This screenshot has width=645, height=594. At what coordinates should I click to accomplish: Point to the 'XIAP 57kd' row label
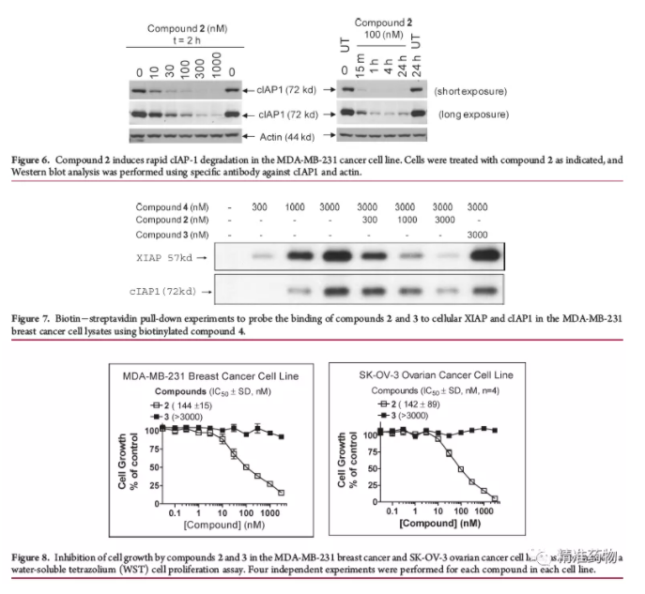(169, 255)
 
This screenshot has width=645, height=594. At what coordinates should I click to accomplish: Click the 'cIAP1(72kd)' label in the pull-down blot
(169, 293)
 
